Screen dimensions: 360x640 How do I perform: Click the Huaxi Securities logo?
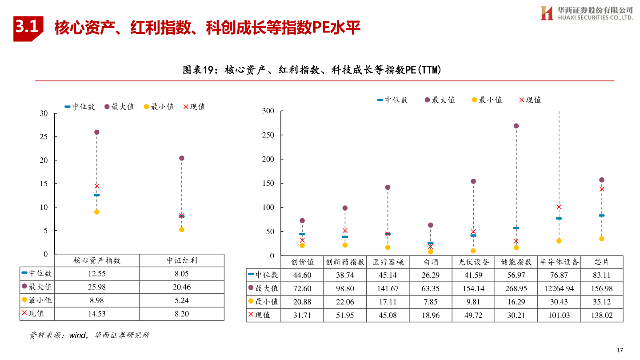coord(587,13)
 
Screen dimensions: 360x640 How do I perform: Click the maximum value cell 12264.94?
coord(559,288)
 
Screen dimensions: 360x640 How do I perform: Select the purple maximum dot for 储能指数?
coord(516,126)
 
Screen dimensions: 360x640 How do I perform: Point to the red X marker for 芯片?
coord(602,189)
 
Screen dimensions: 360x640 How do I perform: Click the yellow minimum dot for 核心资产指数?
coord(97,212)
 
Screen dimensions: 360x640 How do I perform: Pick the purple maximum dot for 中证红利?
coord(181,158)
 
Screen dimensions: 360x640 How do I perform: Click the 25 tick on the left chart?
coord(44,136)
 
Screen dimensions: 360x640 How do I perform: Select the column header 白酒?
coord(430,262)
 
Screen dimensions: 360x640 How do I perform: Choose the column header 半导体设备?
coord(559,262)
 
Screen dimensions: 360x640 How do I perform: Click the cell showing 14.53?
coord(97,314)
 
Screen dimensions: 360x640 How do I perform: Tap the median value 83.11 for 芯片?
coord(602,276)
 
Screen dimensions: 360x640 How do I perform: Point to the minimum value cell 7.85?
coord(430,302)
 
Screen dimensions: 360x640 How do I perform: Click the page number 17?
coord(620,350)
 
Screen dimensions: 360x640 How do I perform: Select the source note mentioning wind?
coord(89,335)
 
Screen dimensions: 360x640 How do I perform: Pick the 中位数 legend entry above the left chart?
coord(80,107)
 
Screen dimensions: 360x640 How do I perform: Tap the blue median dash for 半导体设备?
coord(559,219)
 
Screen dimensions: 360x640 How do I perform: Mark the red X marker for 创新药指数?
coord(345,230)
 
